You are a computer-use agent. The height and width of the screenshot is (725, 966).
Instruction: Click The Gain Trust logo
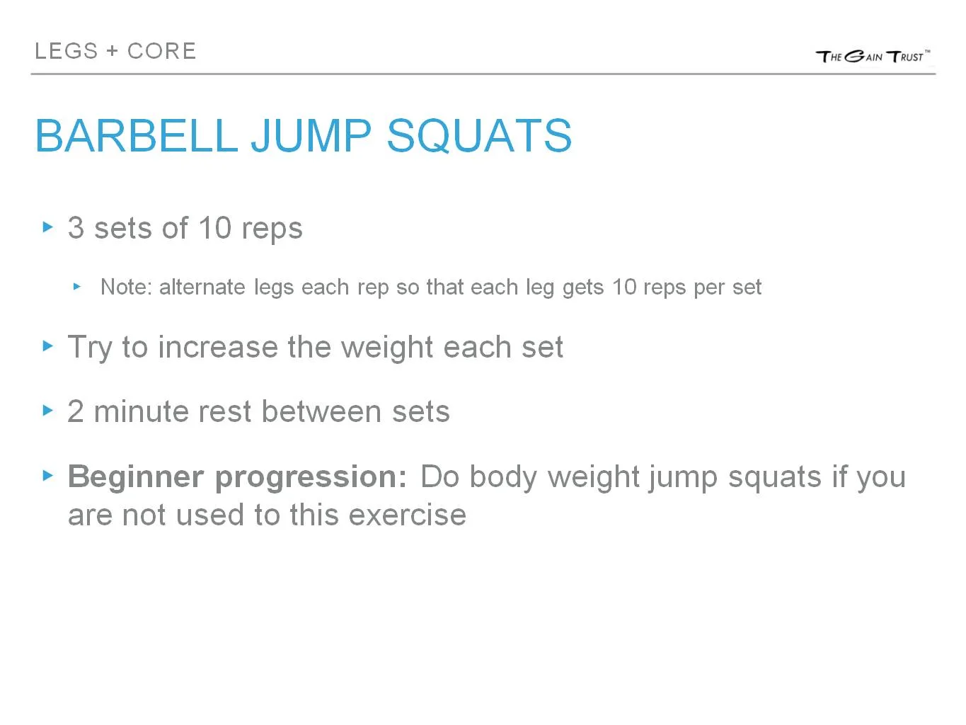point(873,56)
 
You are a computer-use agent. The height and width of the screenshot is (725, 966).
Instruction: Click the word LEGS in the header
point(67,51)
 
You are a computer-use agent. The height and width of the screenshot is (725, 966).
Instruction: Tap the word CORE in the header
point(161,51)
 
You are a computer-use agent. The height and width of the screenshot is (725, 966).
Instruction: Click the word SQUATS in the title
point(479,135)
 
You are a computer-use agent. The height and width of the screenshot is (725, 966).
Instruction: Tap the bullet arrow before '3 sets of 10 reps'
point(48,227)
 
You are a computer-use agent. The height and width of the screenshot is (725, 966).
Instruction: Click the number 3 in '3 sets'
point(76,228)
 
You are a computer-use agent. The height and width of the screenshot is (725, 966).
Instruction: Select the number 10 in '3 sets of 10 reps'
point(214,228)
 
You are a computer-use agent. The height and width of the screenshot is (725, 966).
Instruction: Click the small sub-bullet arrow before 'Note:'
point(77,287)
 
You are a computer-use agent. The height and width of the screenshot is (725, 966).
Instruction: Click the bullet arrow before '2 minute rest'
point(48,410)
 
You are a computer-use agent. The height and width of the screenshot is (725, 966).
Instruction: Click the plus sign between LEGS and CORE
point(113,52)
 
